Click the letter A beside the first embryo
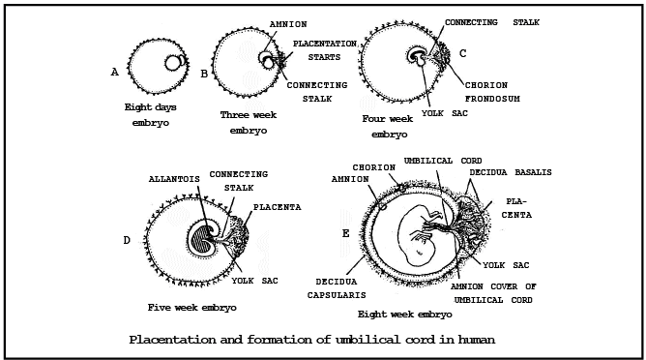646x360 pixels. coord(115,72)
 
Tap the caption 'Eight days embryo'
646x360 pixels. coord(150,115)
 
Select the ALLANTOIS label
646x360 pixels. coord(175,179)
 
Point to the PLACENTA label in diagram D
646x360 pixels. coord(277,207)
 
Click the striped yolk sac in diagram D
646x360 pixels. coord(204,237)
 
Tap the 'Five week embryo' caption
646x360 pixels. coord(191,307)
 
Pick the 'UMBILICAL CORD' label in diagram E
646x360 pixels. coord(443,160)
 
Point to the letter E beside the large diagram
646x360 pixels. coord(345,232)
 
